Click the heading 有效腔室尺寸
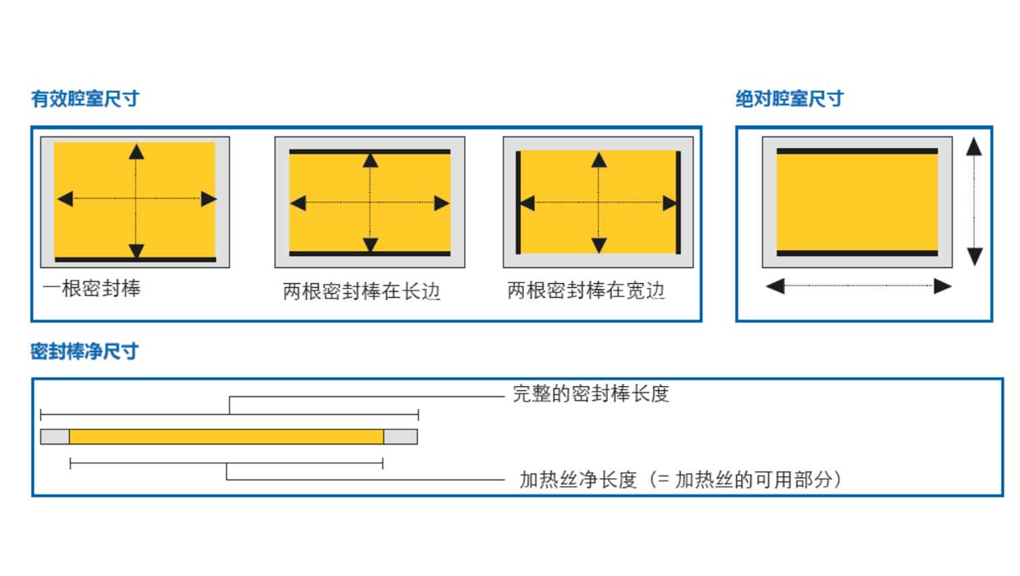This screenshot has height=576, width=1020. [85, 99]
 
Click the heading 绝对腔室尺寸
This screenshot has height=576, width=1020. [790, 99]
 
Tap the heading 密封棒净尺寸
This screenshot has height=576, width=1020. [85, 351]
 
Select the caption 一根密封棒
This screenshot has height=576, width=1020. [91, 288]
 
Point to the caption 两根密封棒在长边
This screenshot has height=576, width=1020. [362, 291]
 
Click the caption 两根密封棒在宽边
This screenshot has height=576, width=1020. [586, 290]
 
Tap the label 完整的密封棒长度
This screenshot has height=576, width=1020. [591, 394]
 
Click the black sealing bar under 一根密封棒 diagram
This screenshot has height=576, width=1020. [136, 259]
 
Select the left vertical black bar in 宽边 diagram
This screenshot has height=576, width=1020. [518, 202]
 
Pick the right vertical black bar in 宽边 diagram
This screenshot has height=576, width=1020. [678, 202]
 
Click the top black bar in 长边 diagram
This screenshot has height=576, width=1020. [370, 152]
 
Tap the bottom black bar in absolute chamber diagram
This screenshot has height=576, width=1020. [857, 253]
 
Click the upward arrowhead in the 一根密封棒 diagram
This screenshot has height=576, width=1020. [137, 151]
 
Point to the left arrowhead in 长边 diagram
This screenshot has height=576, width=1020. [298, 203]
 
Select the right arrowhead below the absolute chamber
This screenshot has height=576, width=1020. [943, 286]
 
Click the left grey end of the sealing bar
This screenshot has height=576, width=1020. [55, 437]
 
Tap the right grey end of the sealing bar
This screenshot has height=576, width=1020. [401, 437]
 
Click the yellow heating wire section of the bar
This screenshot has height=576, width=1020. [226, 437]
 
